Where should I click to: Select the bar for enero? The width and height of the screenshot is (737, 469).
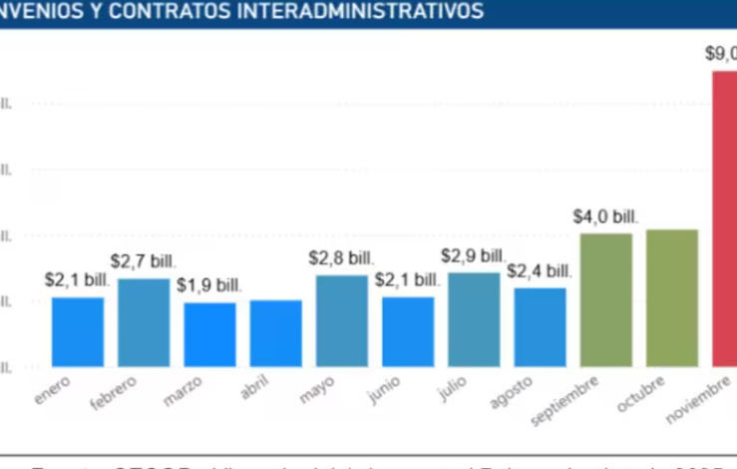click(x=78, y=331)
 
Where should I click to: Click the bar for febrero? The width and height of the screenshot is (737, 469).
click(x=144, y=321)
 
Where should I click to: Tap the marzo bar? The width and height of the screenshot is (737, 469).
click(x=209, y=333)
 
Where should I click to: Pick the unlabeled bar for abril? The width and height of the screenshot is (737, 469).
click(x=275, y=332)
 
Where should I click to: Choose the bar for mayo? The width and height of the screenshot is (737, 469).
click(x=342, y=320)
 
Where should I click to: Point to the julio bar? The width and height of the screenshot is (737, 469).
click(x=474, y=318)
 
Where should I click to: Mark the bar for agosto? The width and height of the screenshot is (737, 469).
click(x=540, y=326)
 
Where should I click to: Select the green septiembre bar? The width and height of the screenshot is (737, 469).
click(x=606, y=299)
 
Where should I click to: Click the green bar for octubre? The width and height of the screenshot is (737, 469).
click(x=672, y=297)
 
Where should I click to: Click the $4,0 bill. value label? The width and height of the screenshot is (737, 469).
click(x=605, y=217)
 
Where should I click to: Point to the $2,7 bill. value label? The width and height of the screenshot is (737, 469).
click(x=143, y=261)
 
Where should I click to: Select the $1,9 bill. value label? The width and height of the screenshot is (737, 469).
click(x=209, y=285)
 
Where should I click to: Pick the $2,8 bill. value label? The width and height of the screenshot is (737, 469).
click(x=341, y=258)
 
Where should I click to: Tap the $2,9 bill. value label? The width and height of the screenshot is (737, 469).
click(x=474, y=256)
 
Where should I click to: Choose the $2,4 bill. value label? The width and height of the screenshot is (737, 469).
click(x=540, y=271)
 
